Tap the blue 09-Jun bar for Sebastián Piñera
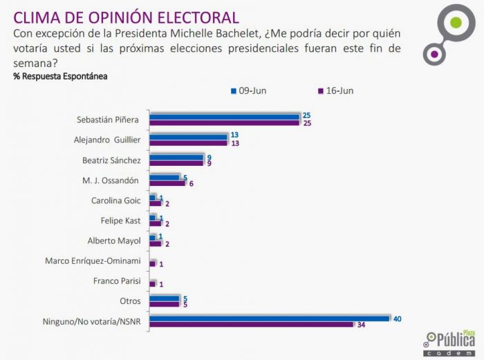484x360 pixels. [x=225, y=116]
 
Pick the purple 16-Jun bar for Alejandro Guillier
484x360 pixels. [x=189, y=143]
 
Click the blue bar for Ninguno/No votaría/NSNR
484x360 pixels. [x=270, y=318]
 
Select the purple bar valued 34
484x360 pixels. [x=254, y=324]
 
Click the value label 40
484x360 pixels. [x=398, y=318]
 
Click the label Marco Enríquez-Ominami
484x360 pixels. [x=93, y=261]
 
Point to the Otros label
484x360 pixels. [x=129, y=301]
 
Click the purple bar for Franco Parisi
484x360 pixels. [x=153, y=283]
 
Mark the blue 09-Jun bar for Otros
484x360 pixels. [x=164, y=298]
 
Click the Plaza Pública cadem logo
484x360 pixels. [x=449, y=340]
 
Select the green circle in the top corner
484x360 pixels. [x=455, y=23]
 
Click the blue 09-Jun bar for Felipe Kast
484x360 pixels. [x=153, y=218]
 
